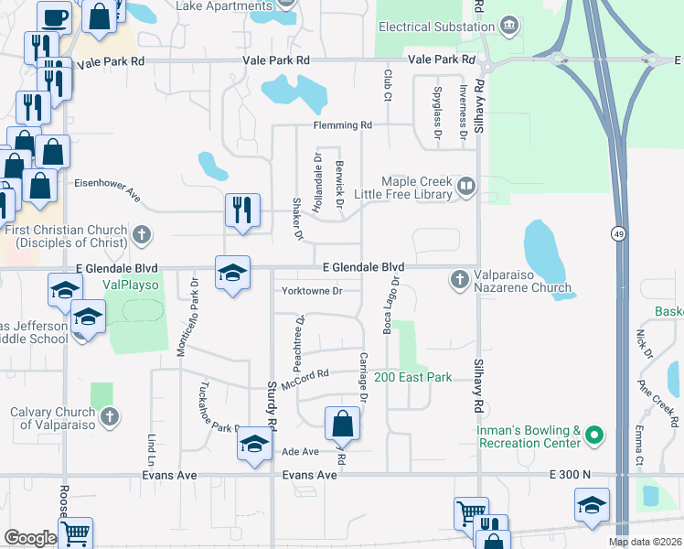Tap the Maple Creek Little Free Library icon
point(466,188)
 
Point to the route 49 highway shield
point(619,233)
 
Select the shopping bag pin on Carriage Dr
point(342,424)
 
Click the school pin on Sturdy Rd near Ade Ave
point(252,447)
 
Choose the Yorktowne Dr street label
point(313,291)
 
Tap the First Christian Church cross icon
point(141,235)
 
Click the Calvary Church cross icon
point(109,418)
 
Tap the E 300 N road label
point(571,475)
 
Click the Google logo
point(30,538)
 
